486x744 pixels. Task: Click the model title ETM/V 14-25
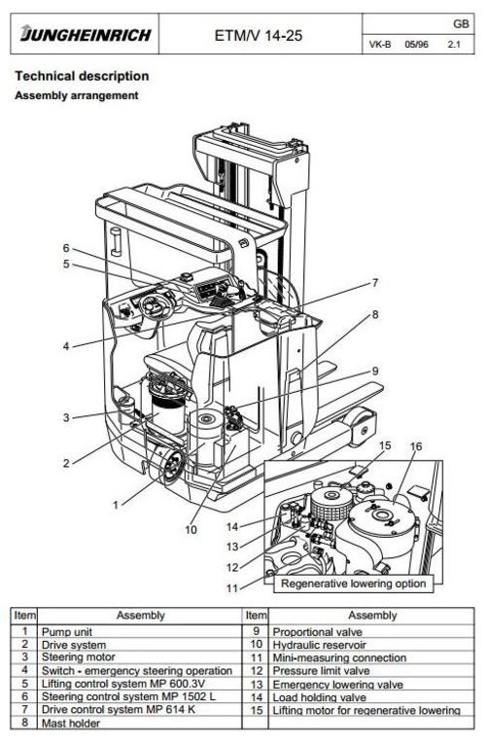pos(258,37)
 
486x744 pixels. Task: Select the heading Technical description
pos(82,76)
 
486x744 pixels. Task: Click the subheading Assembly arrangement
pos(76,95)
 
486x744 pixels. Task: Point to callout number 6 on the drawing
pos(67,247)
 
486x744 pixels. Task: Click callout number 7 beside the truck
pos(374,283)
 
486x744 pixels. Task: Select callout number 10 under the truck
pos(191,529)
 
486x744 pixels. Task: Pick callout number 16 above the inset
pos(415,446)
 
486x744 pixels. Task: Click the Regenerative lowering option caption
pos(352,585)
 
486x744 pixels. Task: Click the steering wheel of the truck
pos(155,308)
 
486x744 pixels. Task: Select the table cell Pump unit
pos(68,631)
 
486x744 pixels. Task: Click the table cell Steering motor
pos(77,657)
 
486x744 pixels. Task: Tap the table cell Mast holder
pos(68,723)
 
